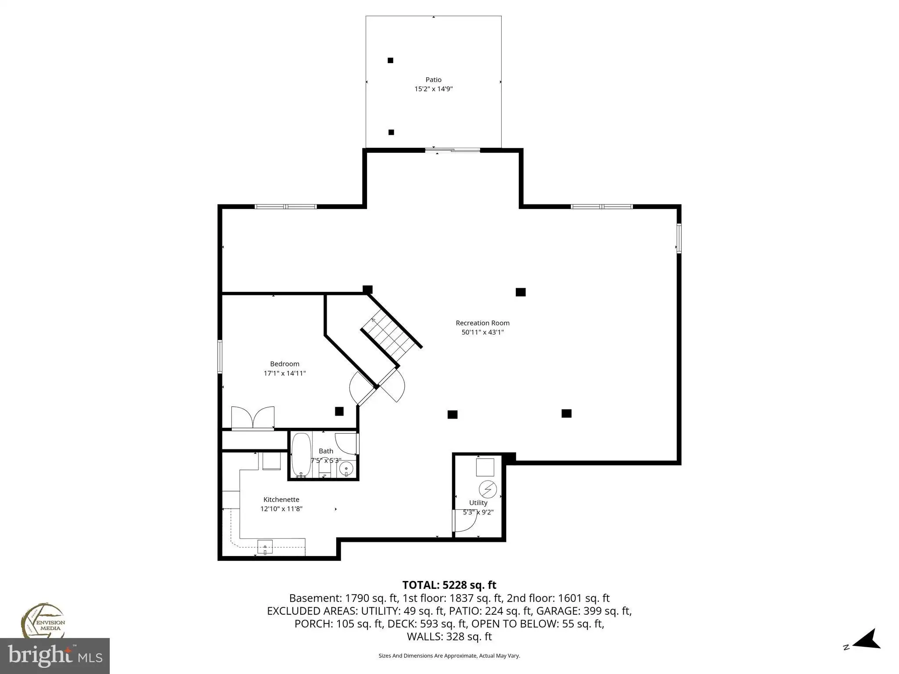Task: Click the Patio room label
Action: (x=433, y=79)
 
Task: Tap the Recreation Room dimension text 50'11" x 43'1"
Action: (x=482, y=332)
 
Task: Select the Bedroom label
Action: (x=284, y=364)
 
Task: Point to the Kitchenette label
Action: (x=281, y=499)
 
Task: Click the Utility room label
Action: (x=478, y=503)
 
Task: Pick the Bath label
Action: (x=326, y=451)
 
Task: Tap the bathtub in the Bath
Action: (x=301, y=455)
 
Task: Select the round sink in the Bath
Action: (x=346, y=469)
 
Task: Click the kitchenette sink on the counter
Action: (x=265, y=547)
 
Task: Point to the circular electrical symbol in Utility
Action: (x=488, y=489)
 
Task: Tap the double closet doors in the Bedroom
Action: (x=253, y=417)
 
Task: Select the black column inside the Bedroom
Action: (x=339, y=411)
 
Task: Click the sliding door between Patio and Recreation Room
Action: (x=453, y=151)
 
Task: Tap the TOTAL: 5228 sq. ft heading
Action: (x=449, y=585)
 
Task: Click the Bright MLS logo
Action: (x=54, y=656)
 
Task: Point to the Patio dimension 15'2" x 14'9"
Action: (x=434, y=89)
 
